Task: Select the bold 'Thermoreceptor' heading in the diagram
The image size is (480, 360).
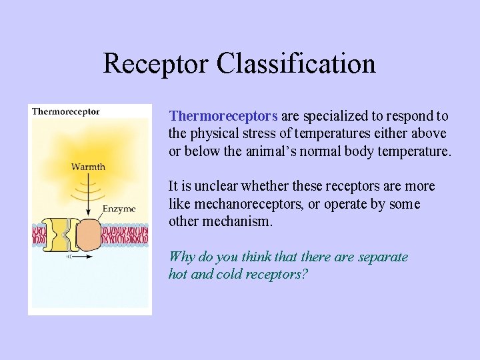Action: [x=66, y=111]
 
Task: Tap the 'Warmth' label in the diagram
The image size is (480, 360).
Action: [x=88, y=166]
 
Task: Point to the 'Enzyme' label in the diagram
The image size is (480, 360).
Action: [x=119, y=209]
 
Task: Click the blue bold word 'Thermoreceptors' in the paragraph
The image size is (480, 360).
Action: [x=223, y=116]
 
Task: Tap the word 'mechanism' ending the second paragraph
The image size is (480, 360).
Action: [x=244, y=221]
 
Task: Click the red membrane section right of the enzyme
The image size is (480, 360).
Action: [x=125, y=236]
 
